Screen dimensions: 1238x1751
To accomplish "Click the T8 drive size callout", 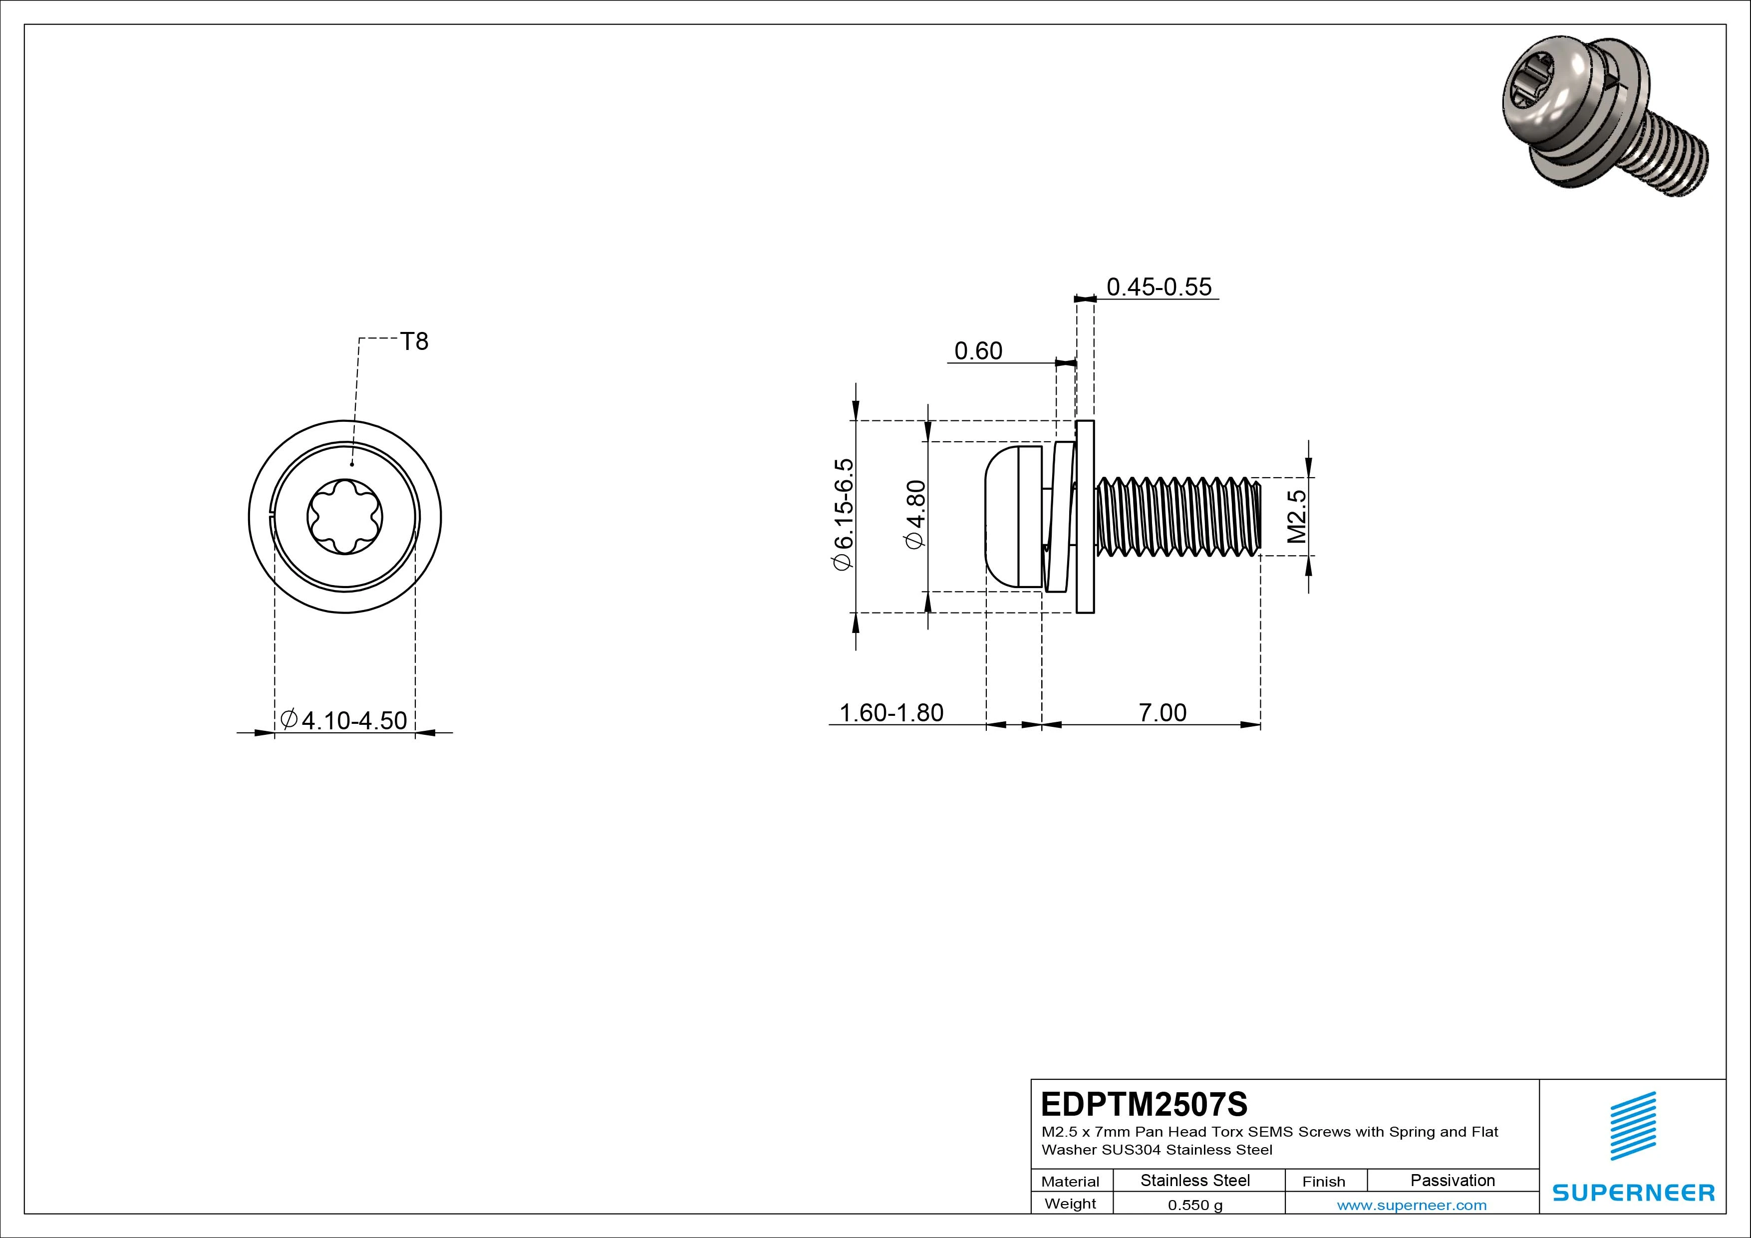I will click(414, 342).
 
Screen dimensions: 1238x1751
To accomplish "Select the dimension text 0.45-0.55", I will click(1159, 287).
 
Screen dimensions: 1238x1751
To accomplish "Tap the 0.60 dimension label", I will click(978, 351).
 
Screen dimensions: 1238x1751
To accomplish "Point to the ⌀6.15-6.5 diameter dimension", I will click(844, 513).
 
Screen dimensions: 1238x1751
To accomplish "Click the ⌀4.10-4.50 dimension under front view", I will click(344, 720).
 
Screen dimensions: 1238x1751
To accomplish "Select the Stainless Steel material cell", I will click(1194, 1181).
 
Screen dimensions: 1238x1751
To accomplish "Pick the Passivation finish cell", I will click(1452, 1181).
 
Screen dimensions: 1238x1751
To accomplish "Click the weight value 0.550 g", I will click(1194, 1205).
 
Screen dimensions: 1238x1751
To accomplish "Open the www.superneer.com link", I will click(1412, 1205).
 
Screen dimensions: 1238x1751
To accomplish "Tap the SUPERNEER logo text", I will click(1634, 1192).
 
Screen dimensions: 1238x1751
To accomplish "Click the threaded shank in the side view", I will click(1178, 516).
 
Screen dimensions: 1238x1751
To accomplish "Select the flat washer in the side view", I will click(1085, 516).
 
